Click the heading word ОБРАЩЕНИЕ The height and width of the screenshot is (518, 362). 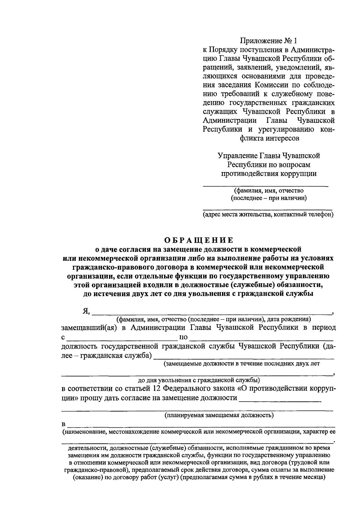tap(199, 240)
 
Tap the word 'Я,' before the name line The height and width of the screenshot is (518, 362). tap(86, 312)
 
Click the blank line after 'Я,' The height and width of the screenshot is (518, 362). tap(211, 313)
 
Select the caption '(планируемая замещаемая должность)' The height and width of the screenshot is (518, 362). tap(219, 415)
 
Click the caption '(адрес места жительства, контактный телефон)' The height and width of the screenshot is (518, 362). tap(268, 215)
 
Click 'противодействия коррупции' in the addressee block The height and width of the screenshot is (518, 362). tap(269, 174)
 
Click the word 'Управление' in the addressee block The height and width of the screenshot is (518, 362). tap(237, 156)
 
